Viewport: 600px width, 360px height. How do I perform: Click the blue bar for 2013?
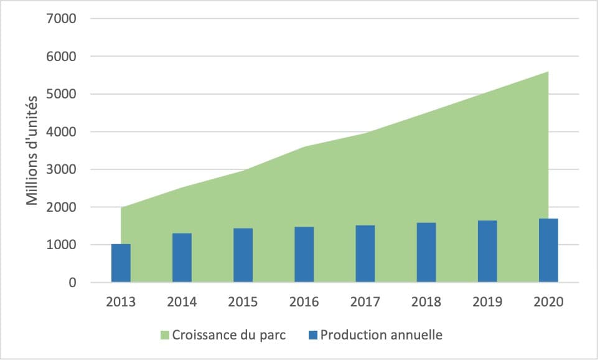tap(121, 263)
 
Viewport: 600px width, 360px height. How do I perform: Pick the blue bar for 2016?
tap(304, 255)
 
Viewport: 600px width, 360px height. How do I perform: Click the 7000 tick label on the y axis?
tap(61, 19)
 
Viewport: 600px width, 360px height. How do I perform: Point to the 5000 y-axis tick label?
tap(61, 94)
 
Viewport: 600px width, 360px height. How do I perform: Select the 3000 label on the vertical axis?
tap(61, 169)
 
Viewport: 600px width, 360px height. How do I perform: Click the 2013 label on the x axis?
tap(121, 302)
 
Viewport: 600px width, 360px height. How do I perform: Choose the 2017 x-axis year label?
tap(365, 302)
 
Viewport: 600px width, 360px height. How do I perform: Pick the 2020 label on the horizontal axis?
tap(548, 302)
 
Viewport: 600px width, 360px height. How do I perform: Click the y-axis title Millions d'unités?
tap(32, 149)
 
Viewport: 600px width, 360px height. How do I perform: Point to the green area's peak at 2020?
tap(547, 72)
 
